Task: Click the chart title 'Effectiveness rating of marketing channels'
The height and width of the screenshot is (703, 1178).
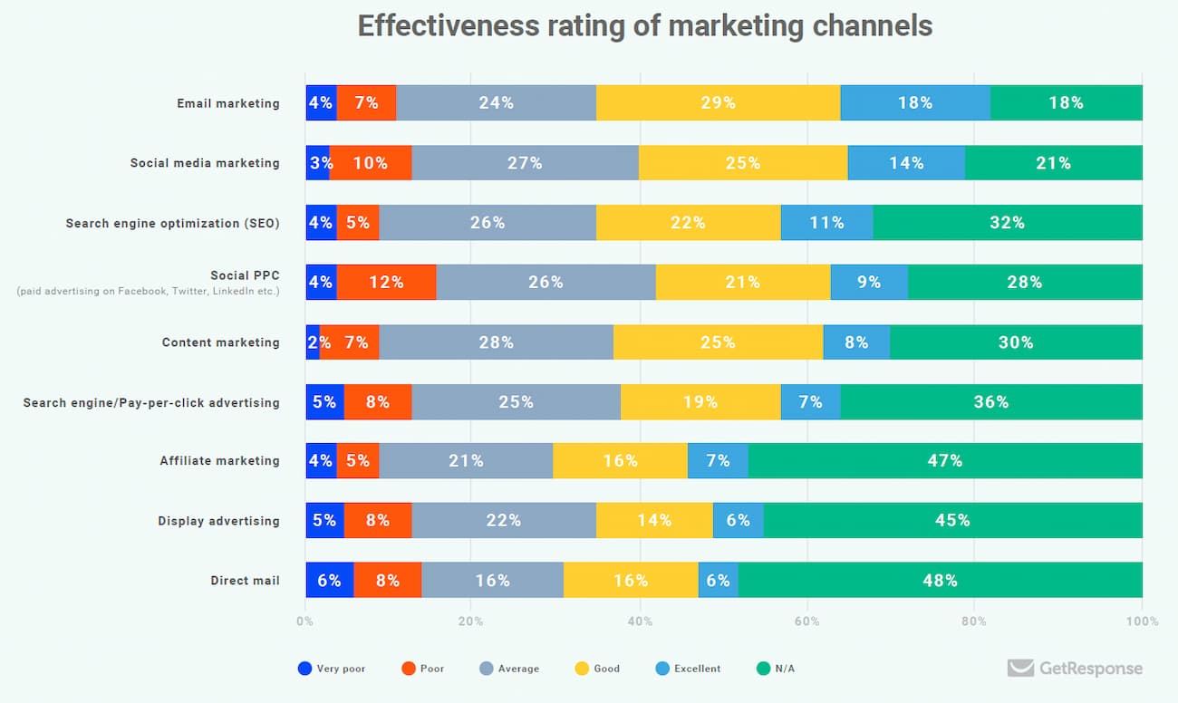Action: coord(644,26)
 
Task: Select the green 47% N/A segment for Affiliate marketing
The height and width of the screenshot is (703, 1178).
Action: coord(945,461)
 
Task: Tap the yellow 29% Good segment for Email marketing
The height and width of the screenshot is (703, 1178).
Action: coord(718,103)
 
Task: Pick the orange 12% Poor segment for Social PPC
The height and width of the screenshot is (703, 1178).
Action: coord(386,283)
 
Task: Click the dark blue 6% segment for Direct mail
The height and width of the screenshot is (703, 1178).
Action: coord(329,581)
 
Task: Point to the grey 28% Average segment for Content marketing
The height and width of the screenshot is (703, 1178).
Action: coord(497,342)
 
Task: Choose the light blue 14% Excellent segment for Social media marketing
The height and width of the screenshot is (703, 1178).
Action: coord(906,163)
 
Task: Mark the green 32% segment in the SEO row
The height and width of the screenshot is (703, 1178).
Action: coord(1007,223)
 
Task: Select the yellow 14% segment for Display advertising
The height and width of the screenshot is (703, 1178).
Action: coord(654,521)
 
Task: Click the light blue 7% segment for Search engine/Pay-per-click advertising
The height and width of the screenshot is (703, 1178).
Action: coord(810,402)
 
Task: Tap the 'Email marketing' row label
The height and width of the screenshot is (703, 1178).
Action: coord(228,103)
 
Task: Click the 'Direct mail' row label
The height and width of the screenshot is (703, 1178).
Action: coord(245,581)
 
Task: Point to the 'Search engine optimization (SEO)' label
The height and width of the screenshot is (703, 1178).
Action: coord(172,223)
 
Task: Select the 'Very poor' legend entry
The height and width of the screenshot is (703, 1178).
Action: coord(333,669)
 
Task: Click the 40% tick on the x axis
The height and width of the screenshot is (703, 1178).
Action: coord(640,621)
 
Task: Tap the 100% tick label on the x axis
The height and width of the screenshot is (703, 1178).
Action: coord(1142,621)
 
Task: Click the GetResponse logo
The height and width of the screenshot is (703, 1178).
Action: coord(1076,669)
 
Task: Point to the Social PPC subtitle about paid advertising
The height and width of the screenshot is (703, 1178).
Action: coord(148,292)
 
